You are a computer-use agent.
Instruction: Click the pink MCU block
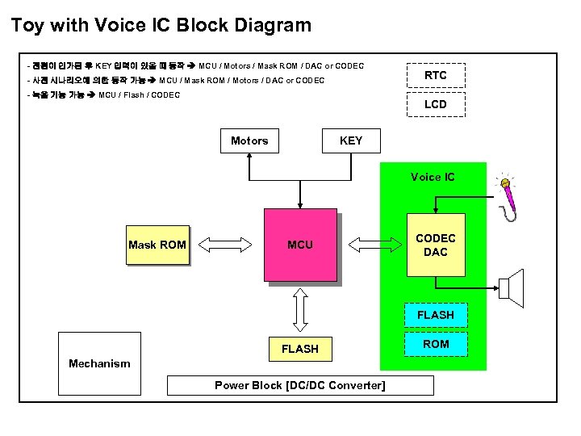(x=300, y=245)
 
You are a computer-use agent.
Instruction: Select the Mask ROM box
(x=157, y=245)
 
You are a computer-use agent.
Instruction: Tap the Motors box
(x=249, y=140)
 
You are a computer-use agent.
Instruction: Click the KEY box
(x=351, y=140)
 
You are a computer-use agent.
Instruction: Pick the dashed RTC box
(x=436, y=75)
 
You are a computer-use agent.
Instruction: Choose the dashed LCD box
(x=436, y=104)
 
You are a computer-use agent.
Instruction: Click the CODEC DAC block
(x=436, y=245)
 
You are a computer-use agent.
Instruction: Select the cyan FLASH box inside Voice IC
(x=436, y=315)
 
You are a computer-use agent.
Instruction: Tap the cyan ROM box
(x=436, y=344)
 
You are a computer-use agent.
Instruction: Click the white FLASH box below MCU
(x=299, y=349)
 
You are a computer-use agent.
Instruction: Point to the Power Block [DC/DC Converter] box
(x=300, y=385)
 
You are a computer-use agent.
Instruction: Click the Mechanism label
(x=99, y=363)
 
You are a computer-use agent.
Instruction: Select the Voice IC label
(x=433, y=177)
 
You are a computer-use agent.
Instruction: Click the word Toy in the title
(x=27, y=25)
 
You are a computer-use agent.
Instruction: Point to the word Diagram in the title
(x=271, y=25)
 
